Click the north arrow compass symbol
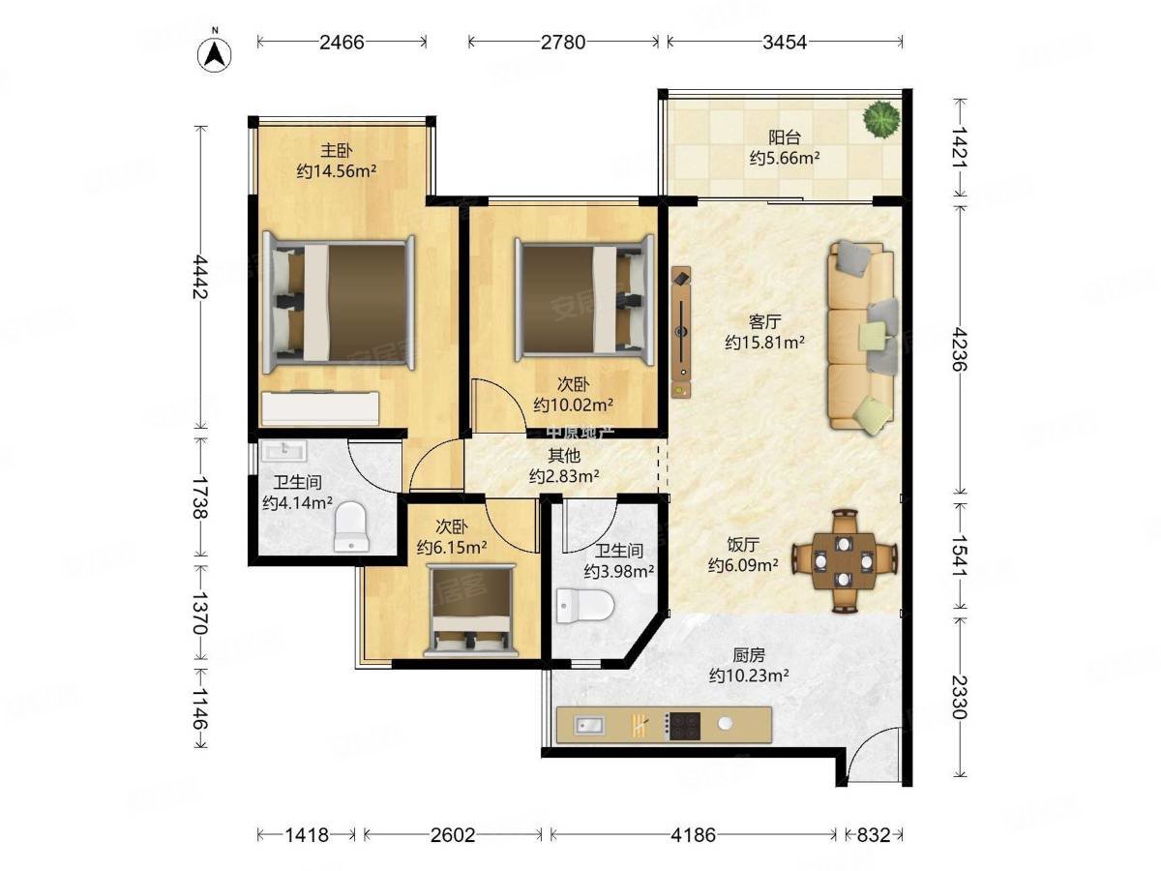pos(214,54)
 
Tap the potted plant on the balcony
pos(880,119)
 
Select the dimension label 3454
pos(785,42)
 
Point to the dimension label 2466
pos(342,42)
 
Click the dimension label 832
pos(873,835)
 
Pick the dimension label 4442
pos(200,277)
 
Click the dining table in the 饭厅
pos(845,560)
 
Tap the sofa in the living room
pos(862,336)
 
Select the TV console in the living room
pos(681,332)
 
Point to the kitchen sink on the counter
pos(589,726)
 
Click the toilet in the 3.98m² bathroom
pos(585,605)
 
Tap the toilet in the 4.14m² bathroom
pos(350,526)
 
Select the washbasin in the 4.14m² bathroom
pos(284,452)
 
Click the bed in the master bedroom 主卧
pos(339,303)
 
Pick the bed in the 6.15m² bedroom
pos(471,611)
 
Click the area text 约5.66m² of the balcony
pos(785,158)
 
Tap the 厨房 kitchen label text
pos(749,655)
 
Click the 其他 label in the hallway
pos(564,455)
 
